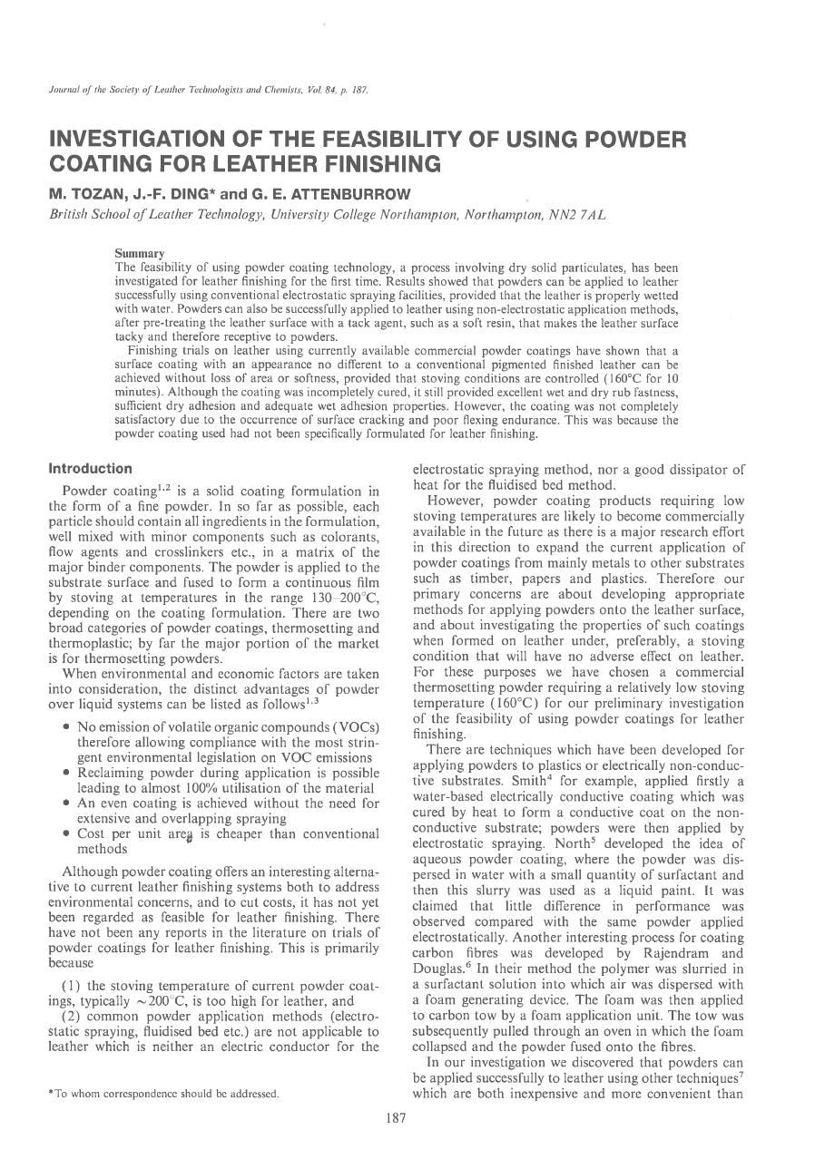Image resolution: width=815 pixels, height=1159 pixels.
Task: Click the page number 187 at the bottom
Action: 395,1118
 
